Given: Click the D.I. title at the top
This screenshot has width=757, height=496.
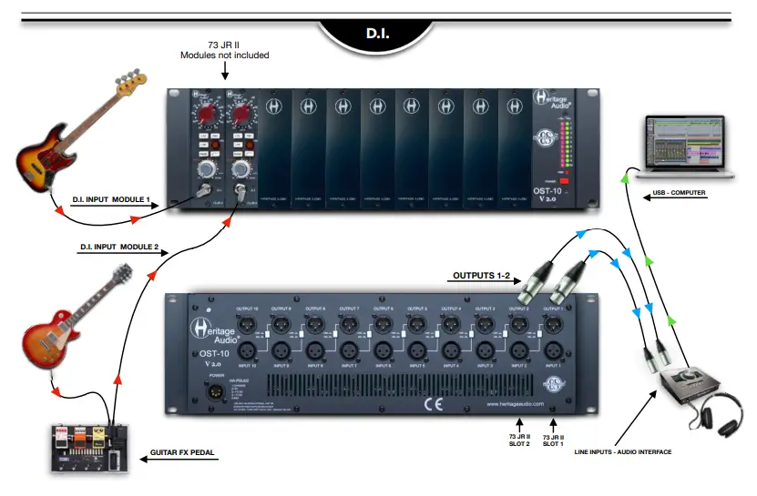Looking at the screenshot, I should coord(378,34).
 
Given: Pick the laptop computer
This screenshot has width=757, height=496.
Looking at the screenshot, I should coord(682,147).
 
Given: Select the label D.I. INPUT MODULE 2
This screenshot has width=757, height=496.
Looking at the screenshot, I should coord(118,247).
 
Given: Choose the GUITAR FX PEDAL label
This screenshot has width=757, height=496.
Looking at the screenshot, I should coord(183,450).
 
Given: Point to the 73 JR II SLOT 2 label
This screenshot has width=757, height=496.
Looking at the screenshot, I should coord(519,440).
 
